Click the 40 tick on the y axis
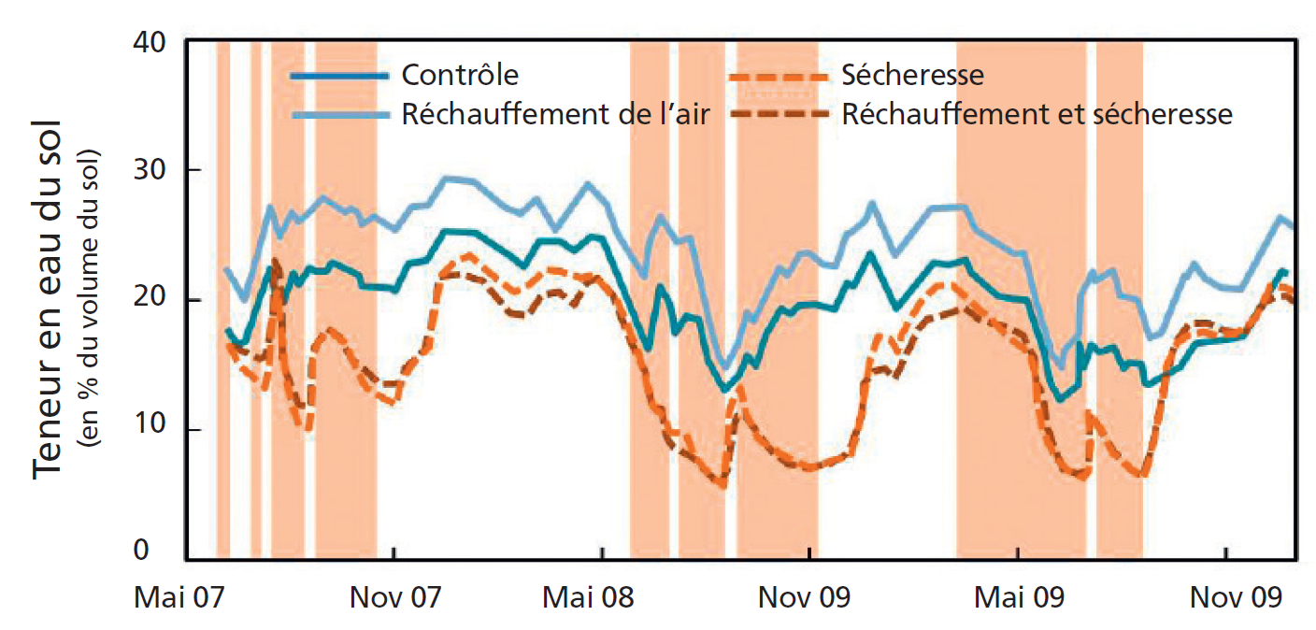tap(151, 43)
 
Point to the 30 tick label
tap(151, 170)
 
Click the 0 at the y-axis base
tap(161, 551)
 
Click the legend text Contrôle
tap(460, 74)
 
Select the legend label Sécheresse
tap(912, 74)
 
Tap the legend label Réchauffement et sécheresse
tap(1037, 114)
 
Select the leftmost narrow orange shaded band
tap(222, 299)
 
